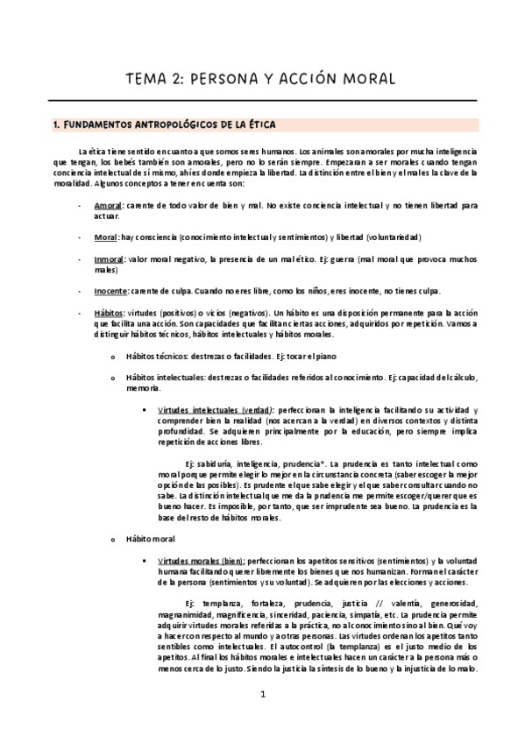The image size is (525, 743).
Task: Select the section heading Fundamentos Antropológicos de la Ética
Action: (x=164, y=125)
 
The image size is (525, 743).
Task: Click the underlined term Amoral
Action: (x=108, y=205)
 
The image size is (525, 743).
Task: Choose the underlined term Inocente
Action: (x=110, y=291)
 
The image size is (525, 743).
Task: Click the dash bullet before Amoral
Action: (x=80, y=205)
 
